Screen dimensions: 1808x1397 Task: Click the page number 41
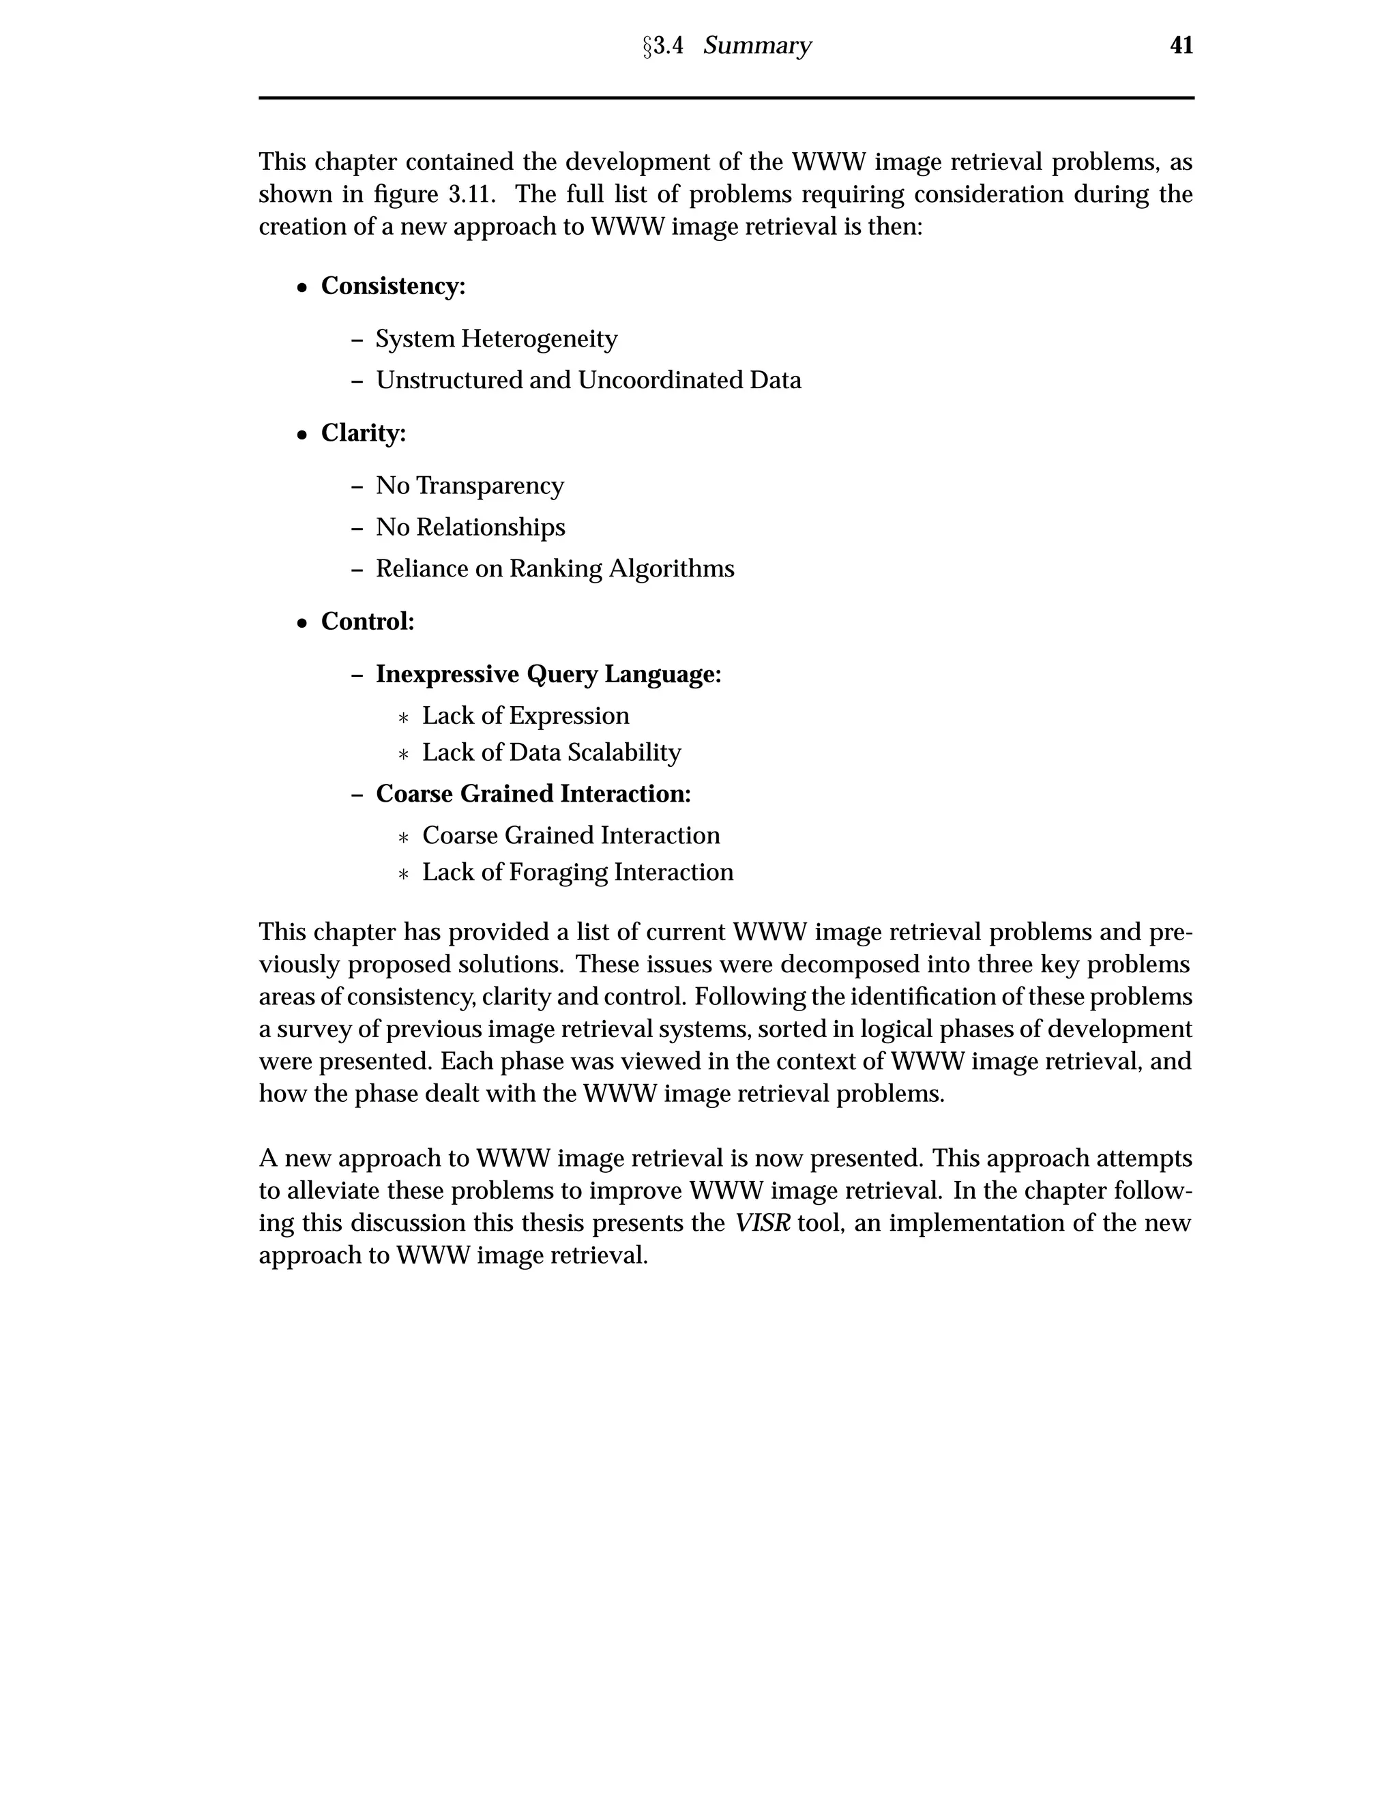(x=1181, y=46)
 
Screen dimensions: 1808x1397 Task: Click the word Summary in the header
(x=756, y=46)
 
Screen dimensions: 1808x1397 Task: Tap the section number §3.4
(x=663, y=46)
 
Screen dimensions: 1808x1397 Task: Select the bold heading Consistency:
(x=393, y=287)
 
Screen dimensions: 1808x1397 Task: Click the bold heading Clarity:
(x=364, y=433)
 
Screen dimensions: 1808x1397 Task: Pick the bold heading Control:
(x=368, y=621)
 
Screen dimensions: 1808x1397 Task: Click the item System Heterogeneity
(x=497, y=339)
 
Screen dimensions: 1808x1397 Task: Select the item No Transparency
(x=469, y=486)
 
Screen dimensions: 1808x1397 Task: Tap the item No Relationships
(x=470, y=527)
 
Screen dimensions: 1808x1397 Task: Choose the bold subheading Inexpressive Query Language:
(x=548, y=675)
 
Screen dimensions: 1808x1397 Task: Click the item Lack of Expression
(x=525, y=716)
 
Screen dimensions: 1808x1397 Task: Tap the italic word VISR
(x=762, y=1223)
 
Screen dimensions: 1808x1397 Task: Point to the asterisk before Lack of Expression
(x=403, y=718)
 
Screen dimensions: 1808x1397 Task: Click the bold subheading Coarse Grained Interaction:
(x=533, y=794)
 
